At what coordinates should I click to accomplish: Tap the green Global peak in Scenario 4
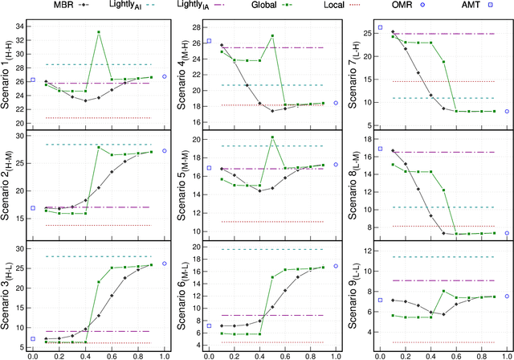click(x=273, y=36)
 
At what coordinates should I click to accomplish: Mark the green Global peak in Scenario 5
click(x=273, y=137)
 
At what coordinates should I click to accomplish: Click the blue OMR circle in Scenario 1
click(x=165, y=76)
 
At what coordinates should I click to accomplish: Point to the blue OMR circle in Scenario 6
click(x=336, y=266)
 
